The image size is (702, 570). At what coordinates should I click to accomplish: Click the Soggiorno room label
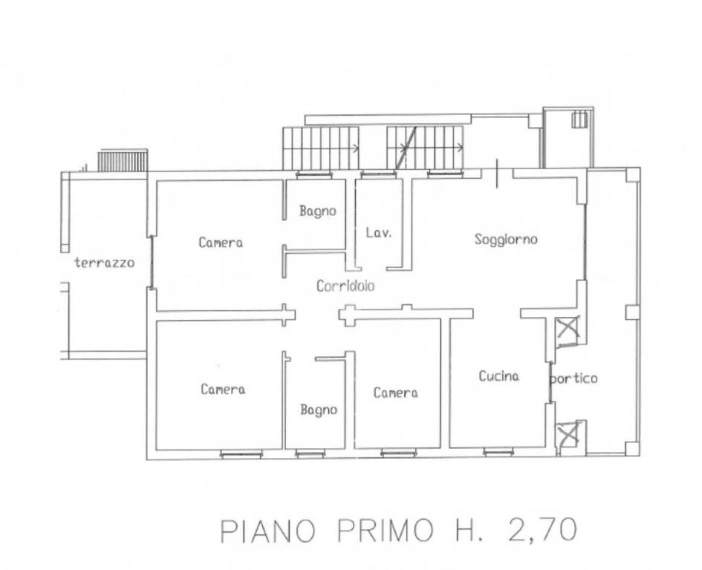coord(506,240)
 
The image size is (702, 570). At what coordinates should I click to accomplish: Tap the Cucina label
coord(498,376)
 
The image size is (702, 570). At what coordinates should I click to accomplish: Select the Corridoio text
coord(345,286)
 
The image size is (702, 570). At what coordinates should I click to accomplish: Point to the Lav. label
coord(378,232)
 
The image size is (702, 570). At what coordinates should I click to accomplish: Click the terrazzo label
coord(104,262)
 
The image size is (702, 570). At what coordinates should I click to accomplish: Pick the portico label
coord(574,379)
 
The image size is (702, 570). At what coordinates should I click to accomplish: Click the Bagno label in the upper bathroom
coord(318,212)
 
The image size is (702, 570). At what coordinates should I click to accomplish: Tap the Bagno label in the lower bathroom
coord(319,410)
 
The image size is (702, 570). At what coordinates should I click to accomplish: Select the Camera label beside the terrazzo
coord(221,243)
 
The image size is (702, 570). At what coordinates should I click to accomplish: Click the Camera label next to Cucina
coord(396,393)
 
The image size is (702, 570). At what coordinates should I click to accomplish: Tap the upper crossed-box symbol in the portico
coord(566,330)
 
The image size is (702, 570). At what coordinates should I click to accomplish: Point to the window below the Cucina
coord(498,453)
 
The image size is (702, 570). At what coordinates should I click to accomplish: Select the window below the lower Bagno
coord(309,454)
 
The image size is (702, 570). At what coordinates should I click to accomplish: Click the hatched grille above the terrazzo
coord(123,161)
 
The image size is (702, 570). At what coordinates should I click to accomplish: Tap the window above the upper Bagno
coord(314,174)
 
